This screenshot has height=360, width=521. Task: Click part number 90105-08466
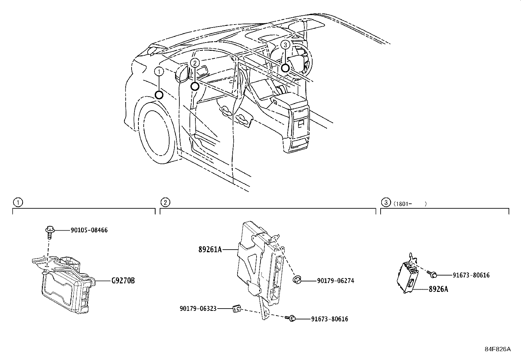tap(89, 230)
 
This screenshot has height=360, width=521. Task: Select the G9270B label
tap(123, 281)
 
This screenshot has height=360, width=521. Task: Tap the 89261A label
tap(210, 250)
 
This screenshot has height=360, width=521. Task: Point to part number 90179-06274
tap(335, 281)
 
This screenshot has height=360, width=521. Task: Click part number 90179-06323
tap(198, 309)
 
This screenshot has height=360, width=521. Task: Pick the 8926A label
tap(439, 290)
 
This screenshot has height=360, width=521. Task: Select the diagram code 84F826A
tap(497, 349)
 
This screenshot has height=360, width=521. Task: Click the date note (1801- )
tap(410, 204)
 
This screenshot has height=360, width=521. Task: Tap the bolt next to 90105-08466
tap(49, 231)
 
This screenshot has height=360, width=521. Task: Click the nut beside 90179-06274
tap(297, 279)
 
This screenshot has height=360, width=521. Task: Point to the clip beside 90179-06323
tap(237, 309)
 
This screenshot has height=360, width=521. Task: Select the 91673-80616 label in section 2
tap(329, 319)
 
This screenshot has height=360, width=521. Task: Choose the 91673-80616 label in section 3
tap(471, 275)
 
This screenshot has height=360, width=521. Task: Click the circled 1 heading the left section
tap(18, 202)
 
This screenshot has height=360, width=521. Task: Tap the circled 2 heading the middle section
tap(166, 202)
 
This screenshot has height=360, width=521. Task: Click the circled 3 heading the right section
tap(386, 202)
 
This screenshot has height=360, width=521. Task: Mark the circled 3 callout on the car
tap(285, 45)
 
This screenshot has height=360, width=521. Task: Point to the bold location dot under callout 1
tap(159, 95)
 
